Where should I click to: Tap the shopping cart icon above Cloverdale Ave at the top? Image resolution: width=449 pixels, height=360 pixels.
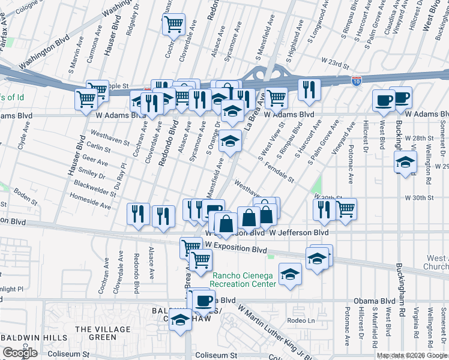(173, 25)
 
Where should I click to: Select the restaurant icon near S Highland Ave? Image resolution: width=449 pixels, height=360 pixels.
(309, 89)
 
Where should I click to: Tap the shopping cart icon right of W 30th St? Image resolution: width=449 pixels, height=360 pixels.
(345, 209)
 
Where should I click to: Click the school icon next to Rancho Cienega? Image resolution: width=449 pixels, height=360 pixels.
(291, 275)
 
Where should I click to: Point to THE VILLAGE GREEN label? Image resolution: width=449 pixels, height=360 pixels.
(102, 333)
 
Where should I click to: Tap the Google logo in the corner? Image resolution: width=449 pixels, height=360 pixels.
(20, 353)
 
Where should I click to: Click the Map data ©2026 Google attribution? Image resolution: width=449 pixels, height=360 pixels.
(412, 356)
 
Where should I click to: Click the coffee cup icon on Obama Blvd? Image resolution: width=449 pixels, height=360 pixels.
(204, 299)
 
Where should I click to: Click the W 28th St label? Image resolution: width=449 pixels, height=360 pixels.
(418, 138)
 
